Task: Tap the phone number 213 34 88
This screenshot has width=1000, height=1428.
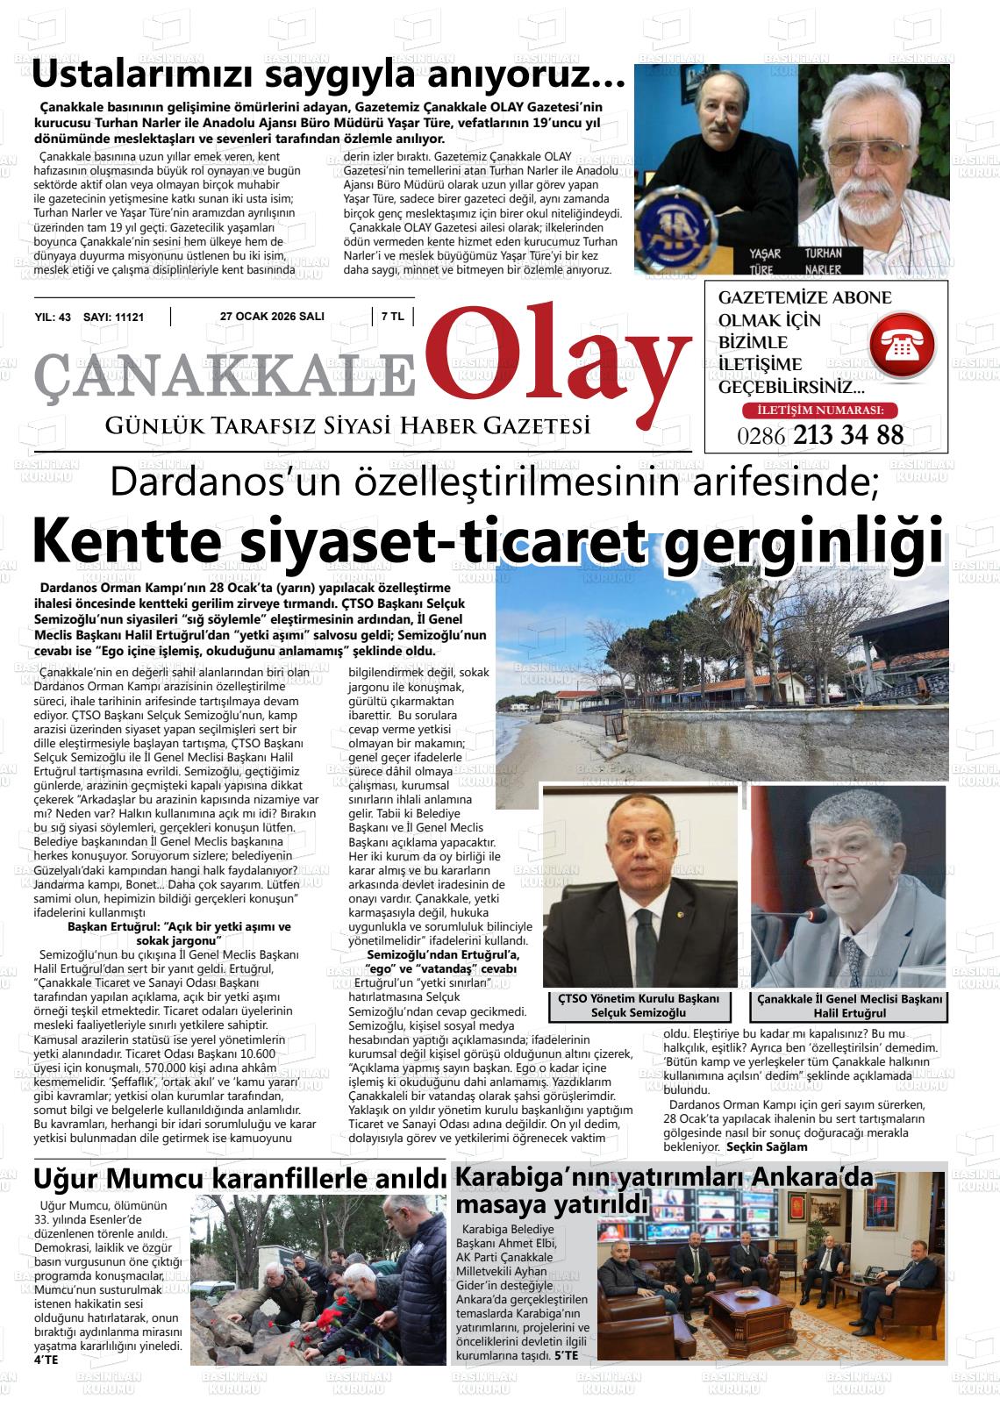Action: (847, 434)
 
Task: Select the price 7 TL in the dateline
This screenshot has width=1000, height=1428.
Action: (392, 318)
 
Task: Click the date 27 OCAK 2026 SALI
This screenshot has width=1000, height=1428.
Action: (272, 318)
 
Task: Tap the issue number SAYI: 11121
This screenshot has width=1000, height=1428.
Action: (113, 318)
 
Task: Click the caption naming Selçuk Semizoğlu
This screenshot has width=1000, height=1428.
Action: (639, 1006)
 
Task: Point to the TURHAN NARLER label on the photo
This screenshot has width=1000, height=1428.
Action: (823, 260)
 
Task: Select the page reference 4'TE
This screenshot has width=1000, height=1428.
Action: (46, 1360)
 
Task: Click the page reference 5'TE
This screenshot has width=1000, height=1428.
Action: (566, 1355)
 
